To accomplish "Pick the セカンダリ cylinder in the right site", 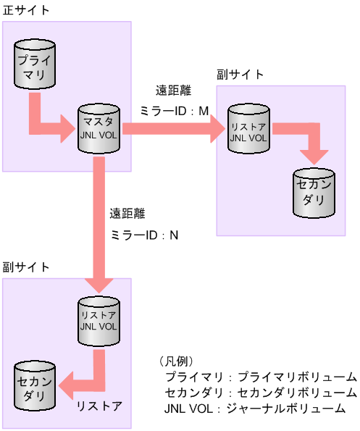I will click(x=314, y=193).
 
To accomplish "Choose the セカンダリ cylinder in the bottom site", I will click(x=34, y=385).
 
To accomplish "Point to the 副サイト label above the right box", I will click(x=240, y=75).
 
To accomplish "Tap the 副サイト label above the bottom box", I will click(x=25, y=267).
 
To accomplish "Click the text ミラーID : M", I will click(x=174, y=111).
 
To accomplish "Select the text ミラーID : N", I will click(x=144, y=235).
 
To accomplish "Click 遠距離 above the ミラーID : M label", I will click(x=173, y=91).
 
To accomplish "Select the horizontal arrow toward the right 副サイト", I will click(x=174, y=129).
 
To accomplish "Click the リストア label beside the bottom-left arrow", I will click(x=99, y=406).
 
